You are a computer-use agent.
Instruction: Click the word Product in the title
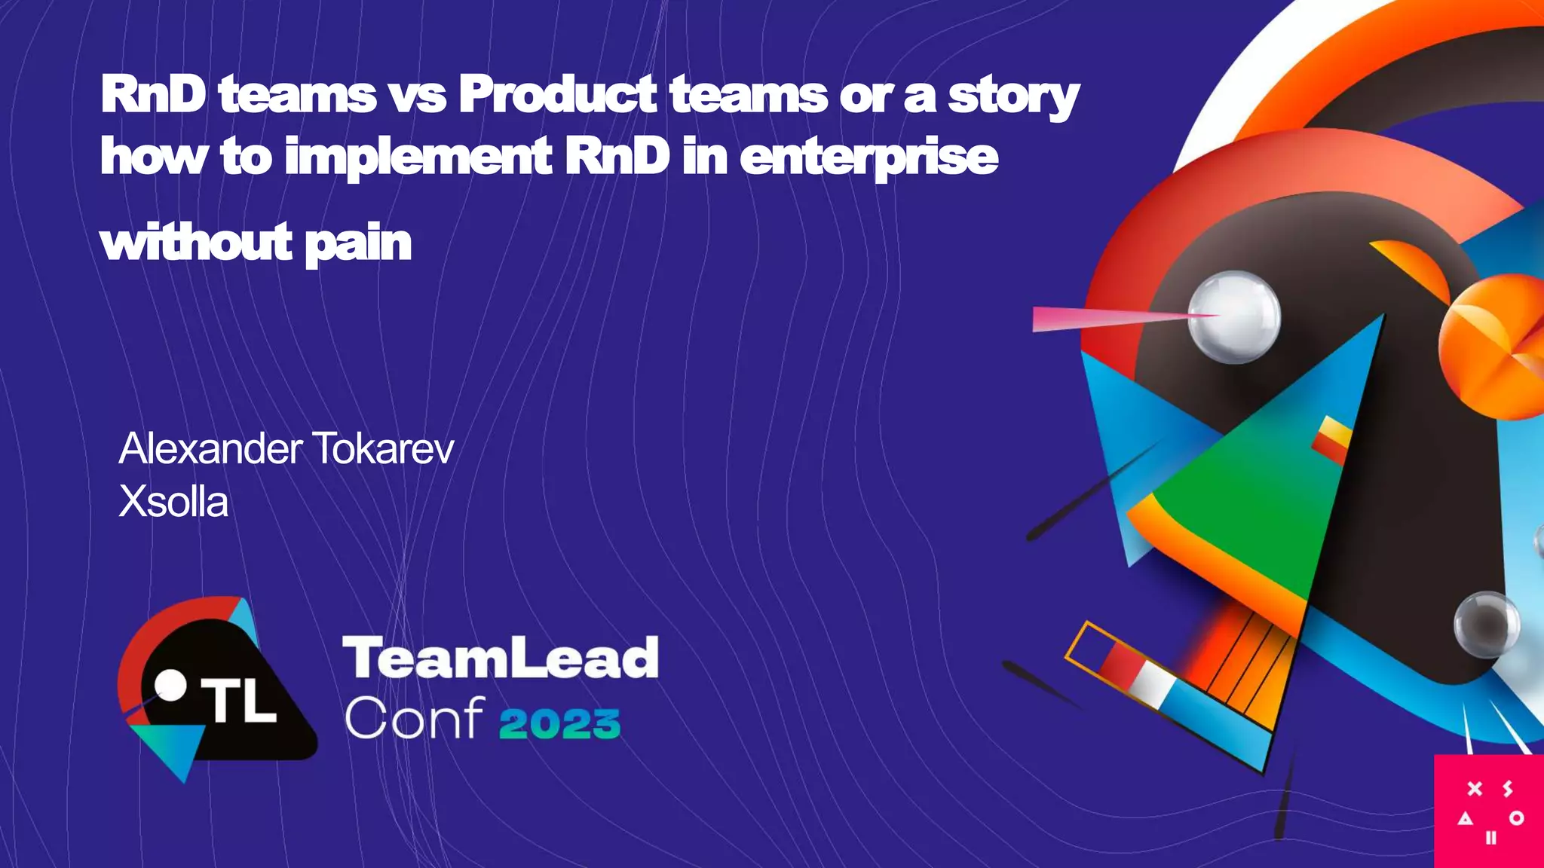557,96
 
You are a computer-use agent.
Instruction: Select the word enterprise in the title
868,158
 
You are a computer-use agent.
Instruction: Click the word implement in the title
418,158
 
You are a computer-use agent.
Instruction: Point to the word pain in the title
357,244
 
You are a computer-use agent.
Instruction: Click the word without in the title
196,243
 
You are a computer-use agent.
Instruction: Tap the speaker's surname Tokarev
382,449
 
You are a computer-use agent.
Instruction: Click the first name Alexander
210,449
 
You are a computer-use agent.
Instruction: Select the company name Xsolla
173,502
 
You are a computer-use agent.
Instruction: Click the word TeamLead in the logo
501,658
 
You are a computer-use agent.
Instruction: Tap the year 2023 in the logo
559,723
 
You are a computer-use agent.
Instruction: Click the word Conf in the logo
414,718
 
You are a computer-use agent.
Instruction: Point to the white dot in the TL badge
170,685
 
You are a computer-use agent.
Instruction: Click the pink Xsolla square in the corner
1489,811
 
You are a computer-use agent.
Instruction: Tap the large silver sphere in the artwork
1234,316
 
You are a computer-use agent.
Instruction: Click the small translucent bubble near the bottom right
1486,625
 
